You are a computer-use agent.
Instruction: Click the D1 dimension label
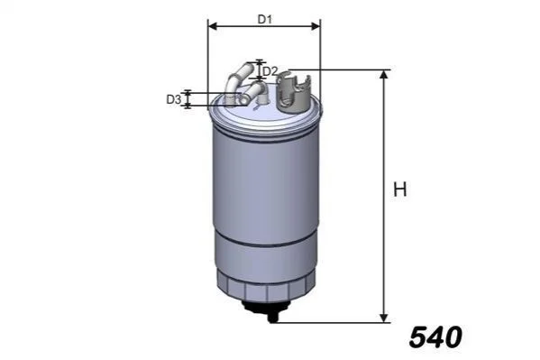265,20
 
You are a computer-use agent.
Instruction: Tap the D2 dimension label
270,71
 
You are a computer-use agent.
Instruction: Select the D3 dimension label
174,99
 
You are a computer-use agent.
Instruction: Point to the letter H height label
400,189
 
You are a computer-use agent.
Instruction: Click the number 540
435,337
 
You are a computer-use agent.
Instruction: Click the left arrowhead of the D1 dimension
213,26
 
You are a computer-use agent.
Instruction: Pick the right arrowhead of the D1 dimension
316,26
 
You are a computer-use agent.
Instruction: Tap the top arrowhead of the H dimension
384,74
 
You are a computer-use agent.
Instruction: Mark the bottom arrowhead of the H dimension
384,318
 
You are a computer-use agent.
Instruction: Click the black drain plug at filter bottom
268,309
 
